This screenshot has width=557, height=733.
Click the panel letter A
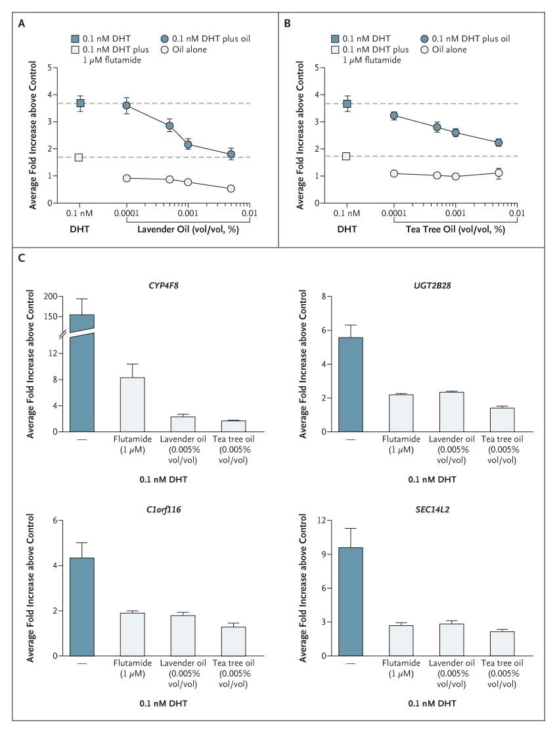pos(22,24)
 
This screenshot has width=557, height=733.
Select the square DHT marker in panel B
pos(347,104)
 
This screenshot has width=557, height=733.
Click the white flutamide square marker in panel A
pos(79,157)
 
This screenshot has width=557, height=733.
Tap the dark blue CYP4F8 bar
pos(82,374)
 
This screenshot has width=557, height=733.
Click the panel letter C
pos(22,257)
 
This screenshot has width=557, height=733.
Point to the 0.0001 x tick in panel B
pos(394,214)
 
